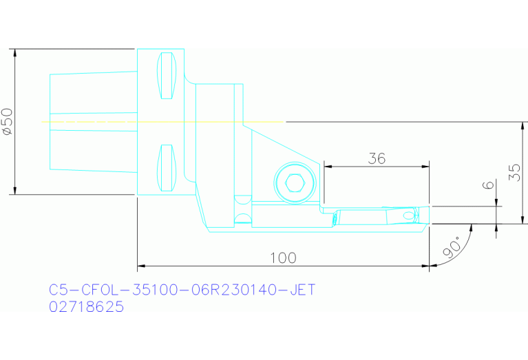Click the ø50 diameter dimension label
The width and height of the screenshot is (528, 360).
[x=8, y=121]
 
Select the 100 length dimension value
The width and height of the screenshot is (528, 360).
[x=283, y=257]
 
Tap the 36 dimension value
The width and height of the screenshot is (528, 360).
[x=376, y=158]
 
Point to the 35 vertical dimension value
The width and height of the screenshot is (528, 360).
[x=514, y=172]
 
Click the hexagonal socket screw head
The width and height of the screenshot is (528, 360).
[x=295, y=183]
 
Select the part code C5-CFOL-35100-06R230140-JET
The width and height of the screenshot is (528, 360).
[x=182, y=290]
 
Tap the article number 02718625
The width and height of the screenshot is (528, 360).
[x=87, y=307]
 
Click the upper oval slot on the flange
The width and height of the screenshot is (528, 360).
[x=167, y=74]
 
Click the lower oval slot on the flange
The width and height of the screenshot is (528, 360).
[x=166, y=167]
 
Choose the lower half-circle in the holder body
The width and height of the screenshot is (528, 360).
[x=242, y=220]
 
